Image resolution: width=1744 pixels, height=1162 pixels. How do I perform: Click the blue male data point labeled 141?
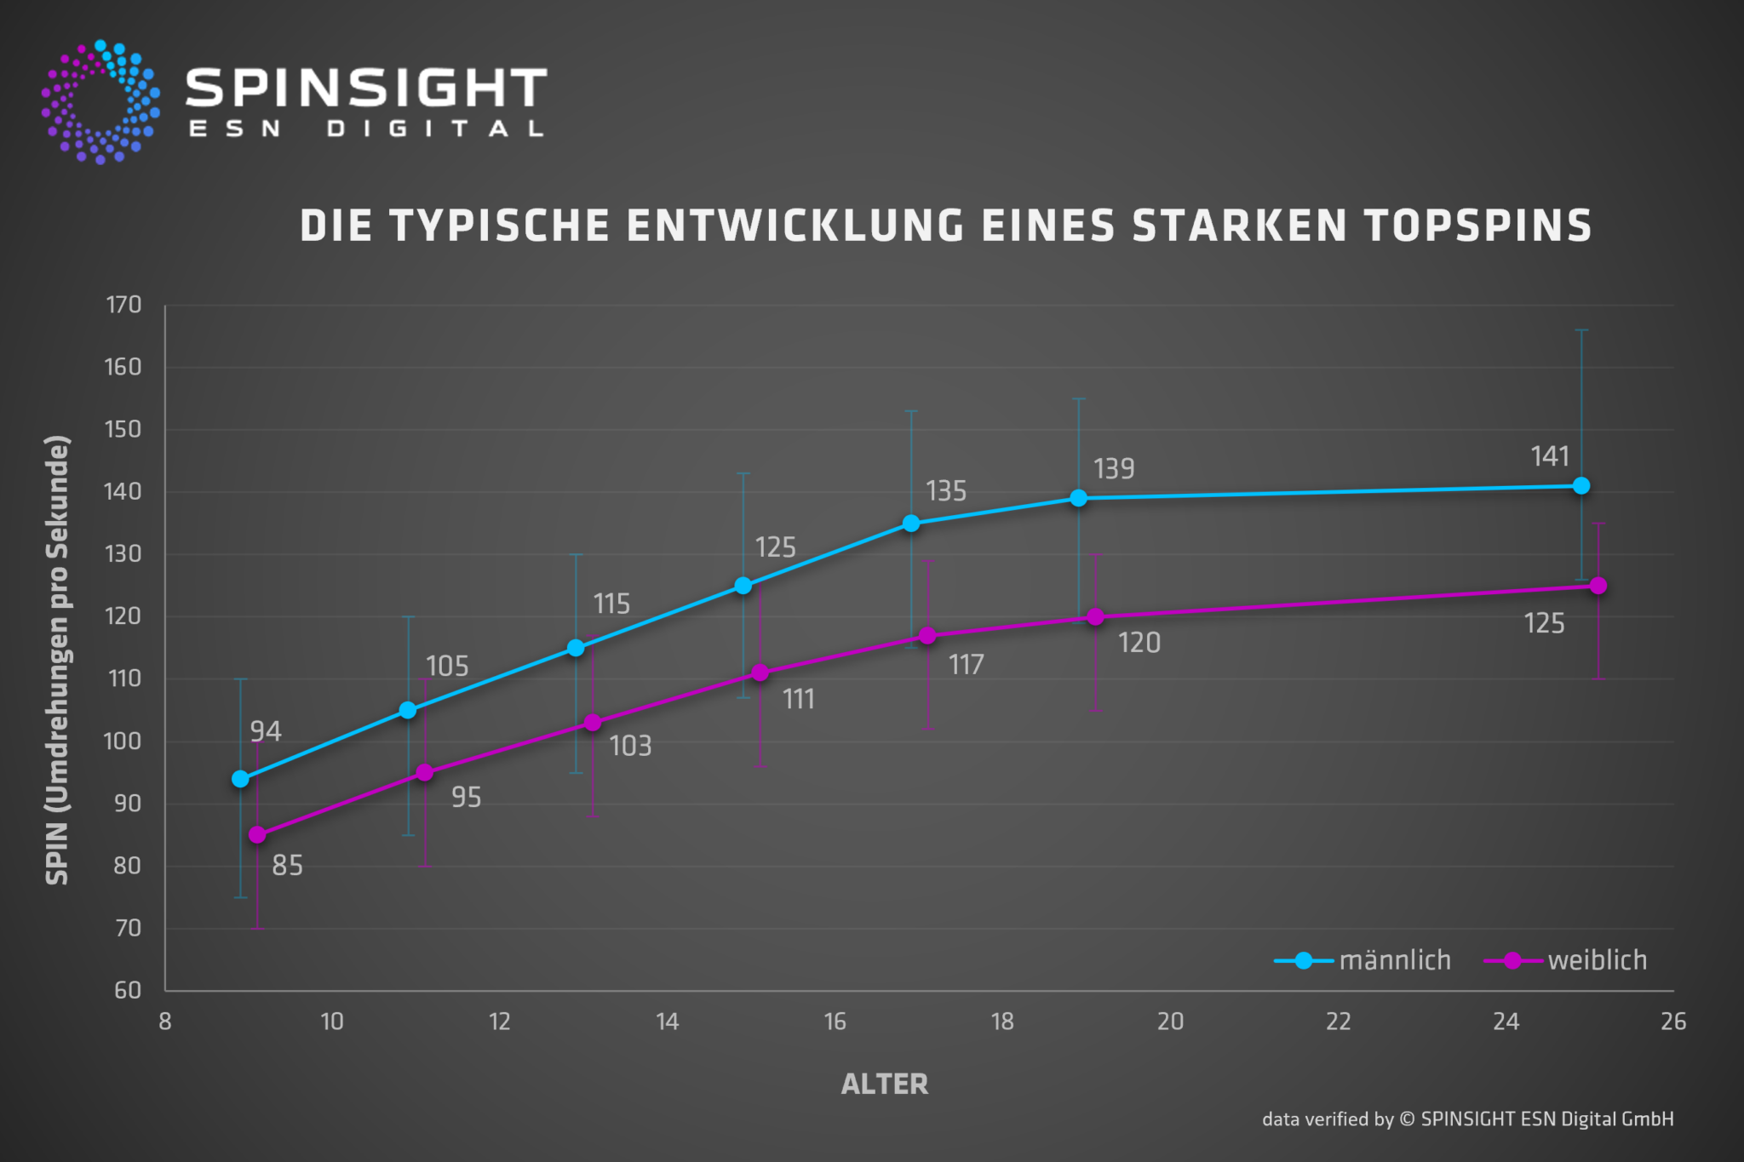click(1581, 486)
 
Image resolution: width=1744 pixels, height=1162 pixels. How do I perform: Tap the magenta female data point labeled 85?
click(257, 835)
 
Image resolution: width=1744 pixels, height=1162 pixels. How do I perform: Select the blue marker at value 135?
click(911, 524)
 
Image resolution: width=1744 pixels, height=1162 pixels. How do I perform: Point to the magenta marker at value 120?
click(1095, 616)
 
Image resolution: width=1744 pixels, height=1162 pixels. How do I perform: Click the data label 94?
click(266, 731)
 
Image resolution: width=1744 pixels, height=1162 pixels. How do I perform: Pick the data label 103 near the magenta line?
click(630, 747)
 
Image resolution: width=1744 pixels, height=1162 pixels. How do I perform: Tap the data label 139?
click(1114, 469)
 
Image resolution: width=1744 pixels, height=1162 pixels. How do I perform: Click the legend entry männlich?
click(1394, 960)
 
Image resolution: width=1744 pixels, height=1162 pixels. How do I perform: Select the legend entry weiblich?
click(1597, 960)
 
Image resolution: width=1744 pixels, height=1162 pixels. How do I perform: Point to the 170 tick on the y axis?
click(123, 305)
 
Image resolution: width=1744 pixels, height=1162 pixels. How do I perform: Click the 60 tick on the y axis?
click(128, 990)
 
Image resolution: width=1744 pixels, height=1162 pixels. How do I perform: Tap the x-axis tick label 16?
click(835, 1022)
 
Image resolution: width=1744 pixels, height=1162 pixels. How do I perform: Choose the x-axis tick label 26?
click(1672, 1022)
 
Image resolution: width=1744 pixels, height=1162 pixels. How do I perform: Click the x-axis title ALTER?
click(884, 1084)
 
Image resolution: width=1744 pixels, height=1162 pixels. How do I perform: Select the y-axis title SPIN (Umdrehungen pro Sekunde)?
click(57, 660)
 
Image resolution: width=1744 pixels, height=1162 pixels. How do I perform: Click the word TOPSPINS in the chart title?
click(1477, 226)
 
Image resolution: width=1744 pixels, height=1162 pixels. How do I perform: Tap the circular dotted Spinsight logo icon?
click(100, 102)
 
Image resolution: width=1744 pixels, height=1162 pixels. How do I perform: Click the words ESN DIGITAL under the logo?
click(366, 129)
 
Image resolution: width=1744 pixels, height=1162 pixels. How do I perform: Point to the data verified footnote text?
click(1467, 1119)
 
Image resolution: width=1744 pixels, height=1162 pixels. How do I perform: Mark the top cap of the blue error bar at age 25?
click(1581, 330)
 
